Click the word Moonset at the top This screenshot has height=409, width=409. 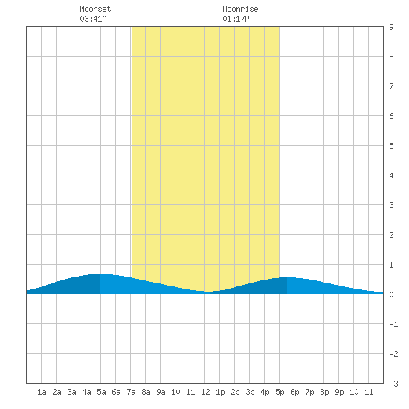[95, 9]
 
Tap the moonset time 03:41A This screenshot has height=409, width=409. [93, 19]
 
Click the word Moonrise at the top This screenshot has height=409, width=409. [240, 9]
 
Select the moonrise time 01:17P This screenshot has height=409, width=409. [236, 19]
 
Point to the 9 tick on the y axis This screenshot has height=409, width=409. [391, 27]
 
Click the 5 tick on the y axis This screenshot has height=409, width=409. [391, 146]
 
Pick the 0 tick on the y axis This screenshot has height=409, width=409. [391, 294]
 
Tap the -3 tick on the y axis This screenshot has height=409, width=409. [393, 384]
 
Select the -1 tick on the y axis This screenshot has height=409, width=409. [393, 324]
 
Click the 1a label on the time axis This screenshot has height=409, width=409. [42, 392]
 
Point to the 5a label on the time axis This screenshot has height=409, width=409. [101, 392]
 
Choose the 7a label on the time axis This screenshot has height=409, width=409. [131, 392]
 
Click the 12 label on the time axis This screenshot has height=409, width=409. [205, 392]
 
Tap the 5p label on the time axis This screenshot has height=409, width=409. [280, 392]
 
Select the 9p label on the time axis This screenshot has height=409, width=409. [339, 392]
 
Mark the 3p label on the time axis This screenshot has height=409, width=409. [250, 392]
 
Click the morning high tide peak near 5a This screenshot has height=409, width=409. [100, 274]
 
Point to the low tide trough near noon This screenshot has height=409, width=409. [207, 292]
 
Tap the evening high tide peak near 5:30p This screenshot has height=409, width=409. [287, 277]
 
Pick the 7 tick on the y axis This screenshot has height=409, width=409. [391, 86]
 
